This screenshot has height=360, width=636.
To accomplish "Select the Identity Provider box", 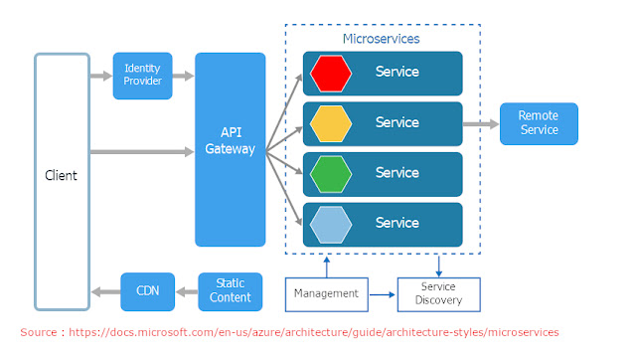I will pyautogui.click(x=142, y=76).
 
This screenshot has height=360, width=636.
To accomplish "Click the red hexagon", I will pyautogui.click(x=331, y=73).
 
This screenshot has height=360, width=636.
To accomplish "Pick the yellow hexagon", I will pyautogui.click(x=331, y=123).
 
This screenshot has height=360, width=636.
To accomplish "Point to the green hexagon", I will pyautogui.click(x=331, y=173).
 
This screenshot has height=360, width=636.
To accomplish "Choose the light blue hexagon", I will pyautogui.click(x=331, y=224).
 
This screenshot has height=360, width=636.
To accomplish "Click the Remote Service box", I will pyautogui.click(x=538, y=123).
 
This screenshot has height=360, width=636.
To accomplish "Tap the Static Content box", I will pyautogui.click(x=231, y=291).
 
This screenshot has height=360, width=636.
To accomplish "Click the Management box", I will pyautogui.click(x=324, y=294).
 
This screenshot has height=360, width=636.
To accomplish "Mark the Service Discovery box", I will pyautogui.click(x=437, y=294).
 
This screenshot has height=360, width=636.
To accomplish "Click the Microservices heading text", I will pyautogui.click(x=381, y=39).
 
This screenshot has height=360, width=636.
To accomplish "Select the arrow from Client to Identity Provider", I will pyautogui.click(x=99, y=76).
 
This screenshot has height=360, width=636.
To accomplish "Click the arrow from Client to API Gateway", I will pyautogui.click(x=139, y=151).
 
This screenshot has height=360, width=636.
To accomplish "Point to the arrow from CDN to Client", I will pyautogui.click(x=104, y=291).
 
